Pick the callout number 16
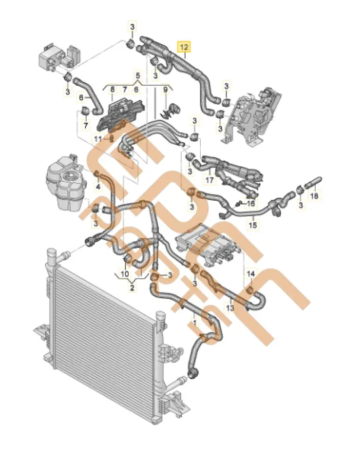pyautogui.click(x=251, y=203)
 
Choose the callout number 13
pyautogui.click(x=229, y=307)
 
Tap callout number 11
pyautogui.click(x=97, y=138)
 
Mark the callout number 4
pyautogui.click(x=98, y=187)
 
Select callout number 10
pyautogui.click(x=124, y=273)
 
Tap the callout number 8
pyautogui.click(x=112, y=89)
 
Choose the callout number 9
pyautogui.click(x=165, y=89)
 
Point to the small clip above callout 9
pyautogui.click(x=169, y=109)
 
